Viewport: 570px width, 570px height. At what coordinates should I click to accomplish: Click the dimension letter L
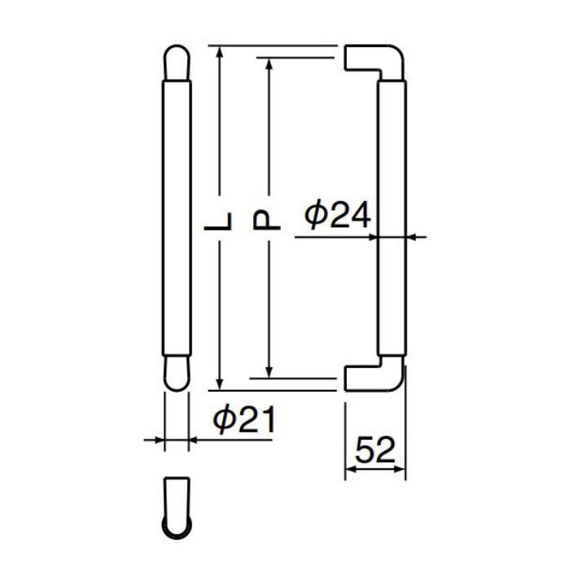coord(220,220)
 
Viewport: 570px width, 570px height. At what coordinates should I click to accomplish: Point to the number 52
coord(375,449)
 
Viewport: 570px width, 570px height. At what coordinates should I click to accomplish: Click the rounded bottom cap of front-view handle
coord(177,373)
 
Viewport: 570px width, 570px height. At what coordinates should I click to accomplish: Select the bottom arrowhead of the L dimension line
coord(220,384)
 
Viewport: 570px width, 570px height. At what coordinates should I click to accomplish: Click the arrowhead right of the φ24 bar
coord(410,237)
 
